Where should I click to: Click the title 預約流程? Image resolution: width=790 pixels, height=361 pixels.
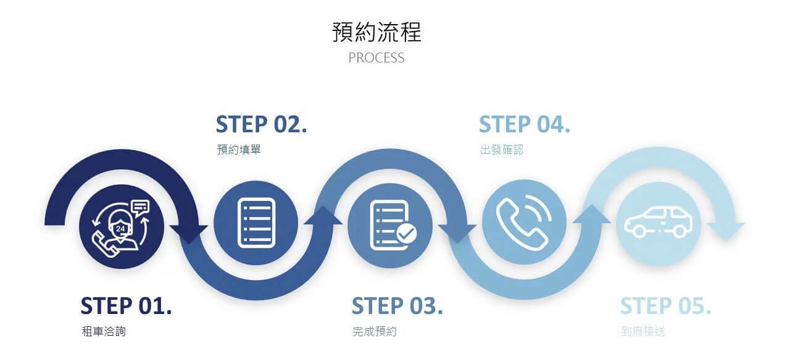(376, 32)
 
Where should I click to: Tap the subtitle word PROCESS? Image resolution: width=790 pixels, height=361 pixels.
(376, 58)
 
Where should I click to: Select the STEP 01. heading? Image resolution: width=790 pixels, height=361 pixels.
(126, 306)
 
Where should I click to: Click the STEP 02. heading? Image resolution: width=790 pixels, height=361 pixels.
(261, 124)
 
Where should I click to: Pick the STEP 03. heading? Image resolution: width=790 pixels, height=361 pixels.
(397, 306)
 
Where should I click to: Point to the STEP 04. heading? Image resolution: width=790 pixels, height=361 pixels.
(524, 124)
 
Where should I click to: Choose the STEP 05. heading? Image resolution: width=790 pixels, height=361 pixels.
(665, 306)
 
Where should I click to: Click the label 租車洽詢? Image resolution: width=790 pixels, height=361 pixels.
(104, 331)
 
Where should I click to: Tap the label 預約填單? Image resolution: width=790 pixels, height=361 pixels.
(239, 150)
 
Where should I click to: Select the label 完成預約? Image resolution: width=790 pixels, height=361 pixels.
(375, 331)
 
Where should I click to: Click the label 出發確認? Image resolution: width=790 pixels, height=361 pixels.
(502, 150)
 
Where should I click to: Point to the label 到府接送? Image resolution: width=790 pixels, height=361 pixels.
(643, 331)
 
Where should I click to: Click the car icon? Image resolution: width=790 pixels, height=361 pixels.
(658, 223)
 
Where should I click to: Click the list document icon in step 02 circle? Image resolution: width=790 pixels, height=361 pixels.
(256, 223)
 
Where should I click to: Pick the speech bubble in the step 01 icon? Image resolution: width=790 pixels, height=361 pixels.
(141, 206)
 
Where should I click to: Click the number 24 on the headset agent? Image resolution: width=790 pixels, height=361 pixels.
(120, 229)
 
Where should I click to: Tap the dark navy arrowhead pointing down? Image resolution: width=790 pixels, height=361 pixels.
(189, 234)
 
